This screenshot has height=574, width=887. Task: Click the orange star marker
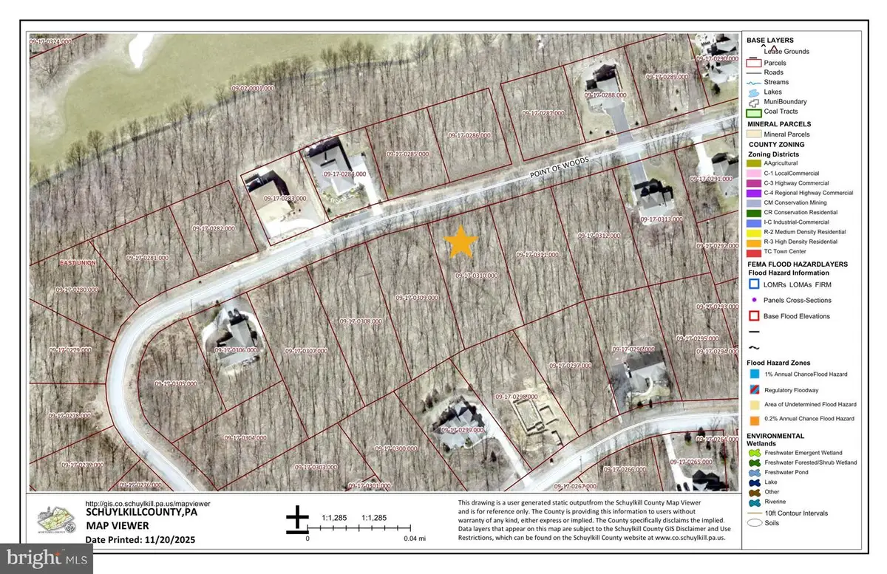tap(461, 242)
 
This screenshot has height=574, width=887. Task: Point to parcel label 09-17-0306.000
tap(234, 349)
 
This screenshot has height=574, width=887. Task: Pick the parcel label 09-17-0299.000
tap(462, 429)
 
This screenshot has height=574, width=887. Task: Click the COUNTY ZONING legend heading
tap(774, 144)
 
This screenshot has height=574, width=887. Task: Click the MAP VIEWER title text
tap(118, 525)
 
